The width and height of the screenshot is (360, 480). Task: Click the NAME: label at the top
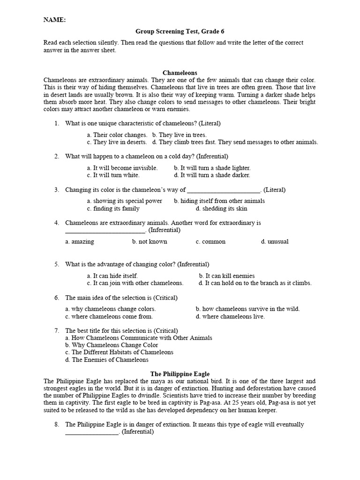click(x=54, y=20)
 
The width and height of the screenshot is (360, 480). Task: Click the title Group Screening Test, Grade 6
click(x=180, y=31)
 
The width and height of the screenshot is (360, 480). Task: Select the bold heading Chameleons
click(x=180, y=73)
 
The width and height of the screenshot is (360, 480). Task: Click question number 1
click(x=56, y=123)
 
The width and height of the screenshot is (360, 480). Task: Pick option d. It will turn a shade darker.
click(x=212, y=175)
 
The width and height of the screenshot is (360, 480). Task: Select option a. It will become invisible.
click(x=122, y=168)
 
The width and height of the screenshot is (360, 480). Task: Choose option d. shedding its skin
click(x=221, y=209)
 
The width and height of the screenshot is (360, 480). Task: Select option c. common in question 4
click(x=210, y=242)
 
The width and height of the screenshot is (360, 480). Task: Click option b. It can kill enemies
click(x=227, y=276)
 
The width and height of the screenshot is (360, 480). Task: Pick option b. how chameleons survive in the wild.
click(x=247, y=309)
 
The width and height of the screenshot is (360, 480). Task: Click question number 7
click(x=56, y=330)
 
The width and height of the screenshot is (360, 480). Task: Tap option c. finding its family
click(x=113, y=209)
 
